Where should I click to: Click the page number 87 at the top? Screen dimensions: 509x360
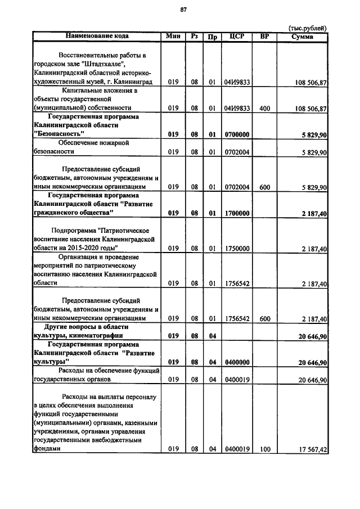(x=183, y=10)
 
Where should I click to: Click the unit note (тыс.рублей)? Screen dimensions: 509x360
(x=308, y=28)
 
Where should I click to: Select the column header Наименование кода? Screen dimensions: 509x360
(x=97, y=36)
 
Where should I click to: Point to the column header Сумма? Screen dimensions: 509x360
(x=303, y=37)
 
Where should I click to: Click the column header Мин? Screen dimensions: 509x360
(x=173, y=37)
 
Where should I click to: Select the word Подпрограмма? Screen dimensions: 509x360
(x=73, y=230)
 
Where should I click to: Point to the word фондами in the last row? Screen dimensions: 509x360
(x=47, y=449)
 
